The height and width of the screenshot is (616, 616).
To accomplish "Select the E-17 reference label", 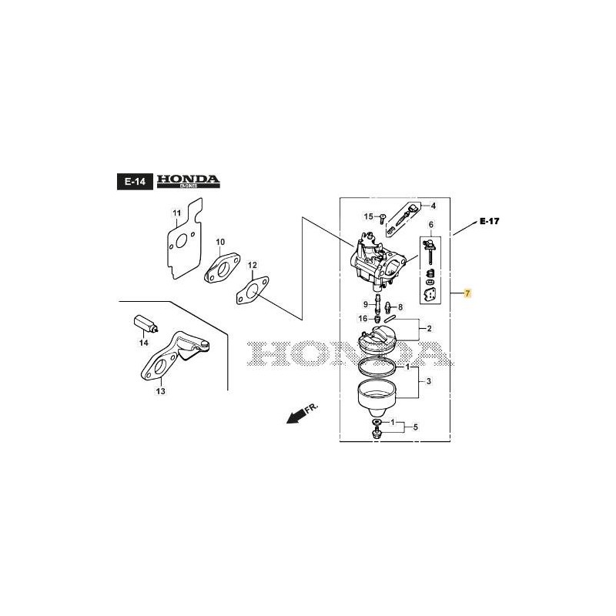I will (x=489, y=221).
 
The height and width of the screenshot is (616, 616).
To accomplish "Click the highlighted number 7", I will (x=467, y=294).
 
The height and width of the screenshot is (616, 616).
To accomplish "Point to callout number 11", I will (x=176, y=213).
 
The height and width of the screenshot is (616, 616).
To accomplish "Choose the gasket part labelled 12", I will (x=254, y=290).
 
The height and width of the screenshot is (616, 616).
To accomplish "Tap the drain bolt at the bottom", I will (x=377, y=437).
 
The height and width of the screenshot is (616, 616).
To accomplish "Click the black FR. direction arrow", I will (x=293, y=417).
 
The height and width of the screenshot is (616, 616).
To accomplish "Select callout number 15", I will (x=368, y=216).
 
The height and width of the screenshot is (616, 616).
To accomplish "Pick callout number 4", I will (x=433, y=206).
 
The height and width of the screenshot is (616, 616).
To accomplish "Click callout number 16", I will (x=362, y=318).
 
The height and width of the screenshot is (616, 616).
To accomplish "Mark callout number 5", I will (x=415, y=427).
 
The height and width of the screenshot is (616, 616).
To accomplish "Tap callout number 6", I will (x=431, y=225).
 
